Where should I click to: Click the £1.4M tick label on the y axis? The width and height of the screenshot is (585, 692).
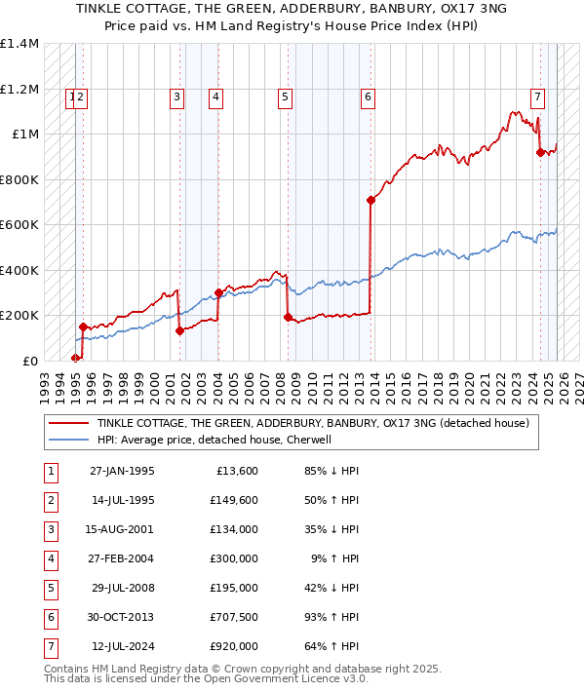pos(19,44)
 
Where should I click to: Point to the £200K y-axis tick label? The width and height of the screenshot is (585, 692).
pos(19,316)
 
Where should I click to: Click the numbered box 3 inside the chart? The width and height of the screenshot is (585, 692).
pos(176,96)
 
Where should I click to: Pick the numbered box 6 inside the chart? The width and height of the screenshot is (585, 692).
pos(368,96)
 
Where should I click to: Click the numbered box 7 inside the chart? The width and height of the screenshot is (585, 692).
pos(537,96)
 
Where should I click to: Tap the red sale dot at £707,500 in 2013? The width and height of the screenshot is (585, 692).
pos(371,201)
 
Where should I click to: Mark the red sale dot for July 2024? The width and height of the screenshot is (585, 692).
pos(540,152)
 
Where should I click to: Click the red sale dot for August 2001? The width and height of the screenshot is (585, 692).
pos(179,330)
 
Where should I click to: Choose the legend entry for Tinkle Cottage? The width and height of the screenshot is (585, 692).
pos(312,423)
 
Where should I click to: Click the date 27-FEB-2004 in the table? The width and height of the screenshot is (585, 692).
pos(121,558)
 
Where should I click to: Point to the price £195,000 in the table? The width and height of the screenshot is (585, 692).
pos(234,588)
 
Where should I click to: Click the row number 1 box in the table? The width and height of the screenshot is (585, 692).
pos(49,471)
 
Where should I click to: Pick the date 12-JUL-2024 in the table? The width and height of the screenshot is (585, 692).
pos(121,646)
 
